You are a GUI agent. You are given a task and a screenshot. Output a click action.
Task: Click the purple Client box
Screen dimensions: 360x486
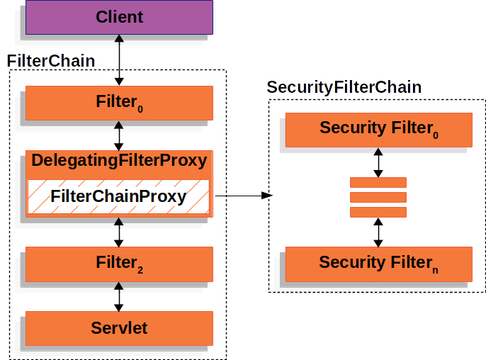point(119,17)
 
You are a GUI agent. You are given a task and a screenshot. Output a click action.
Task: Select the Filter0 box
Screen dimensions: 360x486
point(119,103)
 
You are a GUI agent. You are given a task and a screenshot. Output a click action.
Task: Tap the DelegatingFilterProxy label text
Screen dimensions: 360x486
point(119,161)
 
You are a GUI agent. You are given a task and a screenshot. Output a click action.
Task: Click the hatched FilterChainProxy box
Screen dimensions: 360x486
point(119,196)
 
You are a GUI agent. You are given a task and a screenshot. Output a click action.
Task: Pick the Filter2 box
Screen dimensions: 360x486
point(119,264)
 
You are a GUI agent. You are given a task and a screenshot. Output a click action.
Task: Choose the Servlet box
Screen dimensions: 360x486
point(119,328)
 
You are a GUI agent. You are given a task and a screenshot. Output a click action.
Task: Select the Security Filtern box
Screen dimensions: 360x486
point(378,263)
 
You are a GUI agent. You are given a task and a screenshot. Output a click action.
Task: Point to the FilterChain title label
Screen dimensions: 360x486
point(50,61)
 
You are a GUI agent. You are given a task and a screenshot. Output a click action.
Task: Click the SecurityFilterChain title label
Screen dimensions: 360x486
point(344,88)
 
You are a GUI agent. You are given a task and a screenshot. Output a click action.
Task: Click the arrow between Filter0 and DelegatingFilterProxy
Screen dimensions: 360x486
point(119,135)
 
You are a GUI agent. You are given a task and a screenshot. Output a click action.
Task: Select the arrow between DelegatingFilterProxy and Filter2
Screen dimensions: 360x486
point(119,232)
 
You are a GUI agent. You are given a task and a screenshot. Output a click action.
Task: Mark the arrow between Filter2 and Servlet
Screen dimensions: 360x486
point(119,296)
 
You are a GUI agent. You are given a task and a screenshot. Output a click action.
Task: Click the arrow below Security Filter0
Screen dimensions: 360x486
point(378,162)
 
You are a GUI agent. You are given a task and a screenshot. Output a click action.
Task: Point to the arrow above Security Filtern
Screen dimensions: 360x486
point(378,232)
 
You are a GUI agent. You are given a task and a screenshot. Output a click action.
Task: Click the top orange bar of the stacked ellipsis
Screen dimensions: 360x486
point(378,182)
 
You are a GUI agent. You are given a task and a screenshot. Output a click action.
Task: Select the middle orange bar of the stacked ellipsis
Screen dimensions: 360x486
point(378,197)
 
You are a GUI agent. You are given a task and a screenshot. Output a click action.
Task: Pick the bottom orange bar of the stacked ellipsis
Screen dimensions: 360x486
point(378,212)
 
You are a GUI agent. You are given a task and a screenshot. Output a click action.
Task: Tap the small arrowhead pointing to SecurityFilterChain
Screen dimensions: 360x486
point(267,196)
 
